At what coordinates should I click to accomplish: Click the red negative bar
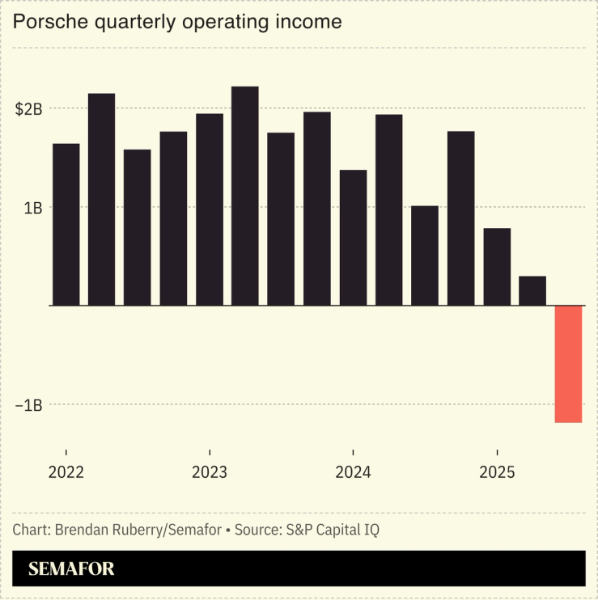568,364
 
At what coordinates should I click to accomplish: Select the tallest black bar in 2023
245,196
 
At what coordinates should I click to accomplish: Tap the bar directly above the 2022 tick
66,225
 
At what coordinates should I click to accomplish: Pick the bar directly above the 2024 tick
353,238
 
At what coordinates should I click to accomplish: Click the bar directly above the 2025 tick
497,267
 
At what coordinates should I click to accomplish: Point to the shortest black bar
532,291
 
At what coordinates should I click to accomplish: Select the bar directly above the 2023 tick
210,209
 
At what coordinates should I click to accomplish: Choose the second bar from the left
102,200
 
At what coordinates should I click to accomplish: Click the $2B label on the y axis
28,108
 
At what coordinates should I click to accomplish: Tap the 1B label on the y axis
32,207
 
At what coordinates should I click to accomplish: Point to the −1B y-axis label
28,405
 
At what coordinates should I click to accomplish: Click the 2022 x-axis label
66,472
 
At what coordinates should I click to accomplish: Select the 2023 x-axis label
210,472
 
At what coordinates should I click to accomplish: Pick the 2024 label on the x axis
353,472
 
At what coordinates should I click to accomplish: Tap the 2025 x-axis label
497,472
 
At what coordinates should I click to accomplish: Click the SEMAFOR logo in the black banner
71,569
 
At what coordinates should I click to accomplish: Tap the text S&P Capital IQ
332,530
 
